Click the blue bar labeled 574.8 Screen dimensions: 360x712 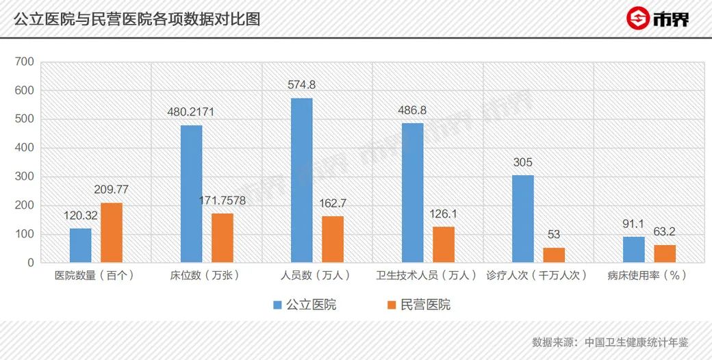[302, 180]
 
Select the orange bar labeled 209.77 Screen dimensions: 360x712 [112, 233]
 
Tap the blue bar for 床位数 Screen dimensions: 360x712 [191, 194]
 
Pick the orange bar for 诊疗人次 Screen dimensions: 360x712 [554, 255]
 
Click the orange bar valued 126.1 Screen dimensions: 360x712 [443, 244]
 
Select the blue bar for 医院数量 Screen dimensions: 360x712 [80, 245]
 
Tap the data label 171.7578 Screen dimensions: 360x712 [222, 201]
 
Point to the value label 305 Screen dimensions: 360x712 [522, 163]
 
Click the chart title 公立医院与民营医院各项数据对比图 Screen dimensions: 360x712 [137, 18]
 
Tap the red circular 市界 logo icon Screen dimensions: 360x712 [638, 18]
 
